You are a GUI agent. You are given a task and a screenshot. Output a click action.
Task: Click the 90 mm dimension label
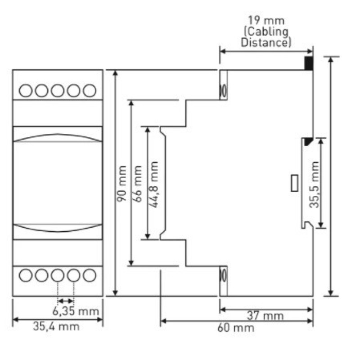tap(122, 184)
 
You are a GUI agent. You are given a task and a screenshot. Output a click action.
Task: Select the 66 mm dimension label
tap(138, 184)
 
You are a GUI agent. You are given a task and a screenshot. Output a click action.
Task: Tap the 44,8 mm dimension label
tap(154, 184)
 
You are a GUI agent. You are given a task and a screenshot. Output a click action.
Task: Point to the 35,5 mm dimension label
tap(314, 184)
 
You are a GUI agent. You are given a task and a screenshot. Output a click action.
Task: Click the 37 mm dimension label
tap(265, 316)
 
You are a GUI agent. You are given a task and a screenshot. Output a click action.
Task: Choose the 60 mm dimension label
tap(236, 328)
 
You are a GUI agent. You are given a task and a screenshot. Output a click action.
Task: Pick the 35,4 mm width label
tap(56, 326)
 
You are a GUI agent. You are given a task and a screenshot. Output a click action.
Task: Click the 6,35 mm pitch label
tap(76, 311)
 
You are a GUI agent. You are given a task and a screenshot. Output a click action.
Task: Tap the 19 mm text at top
tap(266, 21)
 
